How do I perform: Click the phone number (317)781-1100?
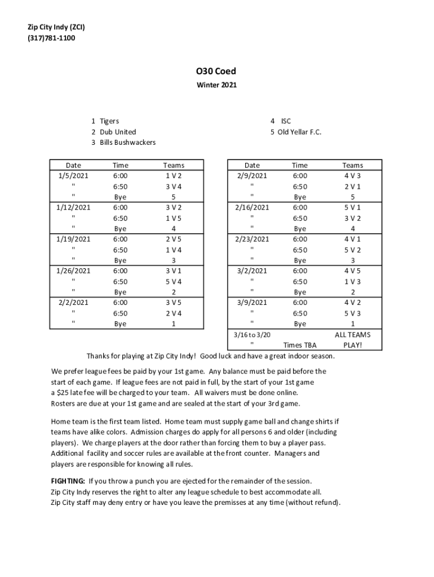tap(51, 38)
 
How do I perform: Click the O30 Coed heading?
tap(216, 72)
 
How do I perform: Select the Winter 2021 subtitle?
tap(216, 86)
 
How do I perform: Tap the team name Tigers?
tap(109, 121)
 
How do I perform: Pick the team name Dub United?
tap(118, 132)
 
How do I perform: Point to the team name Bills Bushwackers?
tap(127, 143)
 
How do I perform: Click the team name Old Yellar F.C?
tap(299, 132)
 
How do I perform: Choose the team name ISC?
tap(286, 121)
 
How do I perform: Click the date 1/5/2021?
tap(73, 176)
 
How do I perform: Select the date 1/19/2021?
tap(73, 239)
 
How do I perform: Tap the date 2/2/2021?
tap(73, 303)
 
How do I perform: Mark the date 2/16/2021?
tap(252, 207)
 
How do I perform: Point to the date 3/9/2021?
tap(252, 303)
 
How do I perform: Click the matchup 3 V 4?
tap(174, 187)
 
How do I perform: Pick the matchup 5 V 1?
tap(353, 207)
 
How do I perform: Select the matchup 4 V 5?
tap(353, 271)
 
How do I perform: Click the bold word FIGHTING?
tap(68, 481)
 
